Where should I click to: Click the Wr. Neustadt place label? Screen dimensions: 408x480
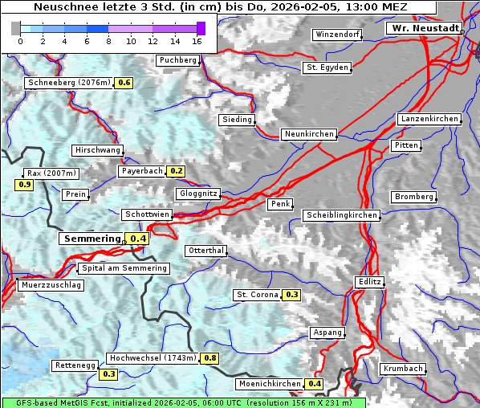425,28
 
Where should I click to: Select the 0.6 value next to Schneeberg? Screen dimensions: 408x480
124,83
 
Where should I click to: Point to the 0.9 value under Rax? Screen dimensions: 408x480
24,185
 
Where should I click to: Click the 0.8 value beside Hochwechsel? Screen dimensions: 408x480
210,358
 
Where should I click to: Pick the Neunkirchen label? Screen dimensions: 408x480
308,134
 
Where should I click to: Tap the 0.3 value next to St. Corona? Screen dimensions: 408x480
292,295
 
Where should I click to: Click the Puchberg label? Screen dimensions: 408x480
178,60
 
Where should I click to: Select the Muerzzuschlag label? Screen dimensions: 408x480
51,285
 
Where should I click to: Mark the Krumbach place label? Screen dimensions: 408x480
402,369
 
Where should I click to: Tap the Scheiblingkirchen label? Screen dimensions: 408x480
341,215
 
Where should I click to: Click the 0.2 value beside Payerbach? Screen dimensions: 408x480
177,171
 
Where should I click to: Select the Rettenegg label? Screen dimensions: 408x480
75,365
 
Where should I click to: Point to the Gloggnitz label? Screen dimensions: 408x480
197,194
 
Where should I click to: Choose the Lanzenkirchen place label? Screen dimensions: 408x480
429,119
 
